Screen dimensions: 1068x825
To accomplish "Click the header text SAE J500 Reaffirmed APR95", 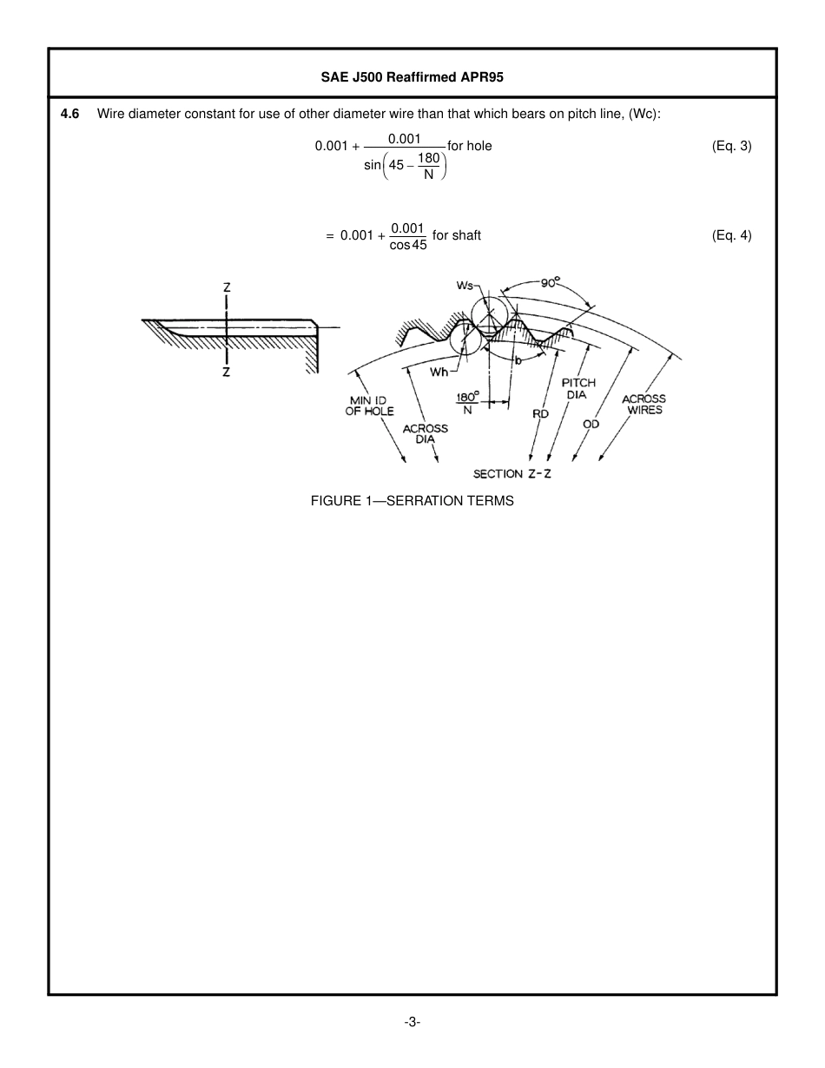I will tap(412, 76).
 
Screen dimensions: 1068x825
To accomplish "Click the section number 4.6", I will tap(70, 114).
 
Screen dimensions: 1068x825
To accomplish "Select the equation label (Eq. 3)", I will tap(731, 146).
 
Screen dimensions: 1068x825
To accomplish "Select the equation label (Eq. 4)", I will tap(731, 235).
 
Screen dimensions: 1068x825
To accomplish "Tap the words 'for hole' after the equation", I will tap(470, 146).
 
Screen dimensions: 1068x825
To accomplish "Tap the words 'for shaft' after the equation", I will tap(457, 235).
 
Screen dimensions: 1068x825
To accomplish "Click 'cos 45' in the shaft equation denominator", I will tap(408, 246).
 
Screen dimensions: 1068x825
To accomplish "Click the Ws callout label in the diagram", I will tap(465, 286).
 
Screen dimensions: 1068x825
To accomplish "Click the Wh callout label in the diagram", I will tap(439, 372).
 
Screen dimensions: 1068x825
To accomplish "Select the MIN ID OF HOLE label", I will tap(369, 405).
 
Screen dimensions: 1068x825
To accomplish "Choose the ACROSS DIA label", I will tap(426, 433).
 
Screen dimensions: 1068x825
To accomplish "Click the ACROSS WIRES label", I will tap(644, 405).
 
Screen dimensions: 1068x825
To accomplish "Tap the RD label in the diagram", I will tap(540, 414).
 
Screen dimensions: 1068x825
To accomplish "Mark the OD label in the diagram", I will tap(591, 424).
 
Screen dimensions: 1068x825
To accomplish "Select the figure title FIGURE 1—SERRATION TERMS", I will tap(412, 501).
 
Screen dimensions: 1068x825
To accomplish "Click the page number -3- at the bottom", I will tap(412, 1023).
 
